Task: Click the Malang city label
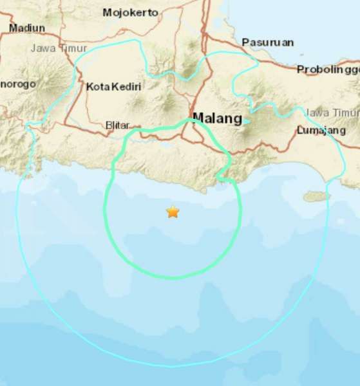[x=218, y=118]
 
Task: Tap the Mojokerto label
[x=130, y=12]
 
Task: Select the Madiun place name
[x=27, y=28]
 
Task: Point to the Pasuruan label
[x=268, y=42]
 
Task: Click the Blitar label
[x=117, y=126]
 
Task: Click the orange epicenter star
[x=173, y=212]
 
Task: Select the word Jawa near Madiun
[x=41, y=48]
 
